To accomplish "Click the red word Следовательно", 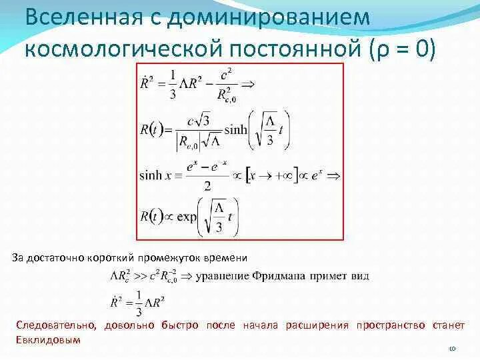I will (55, 325).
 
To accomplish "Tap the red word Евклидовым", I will (47, 339).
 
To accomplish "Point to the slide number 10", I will (451, 347).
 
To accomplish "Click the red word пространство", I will (391, 325).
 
